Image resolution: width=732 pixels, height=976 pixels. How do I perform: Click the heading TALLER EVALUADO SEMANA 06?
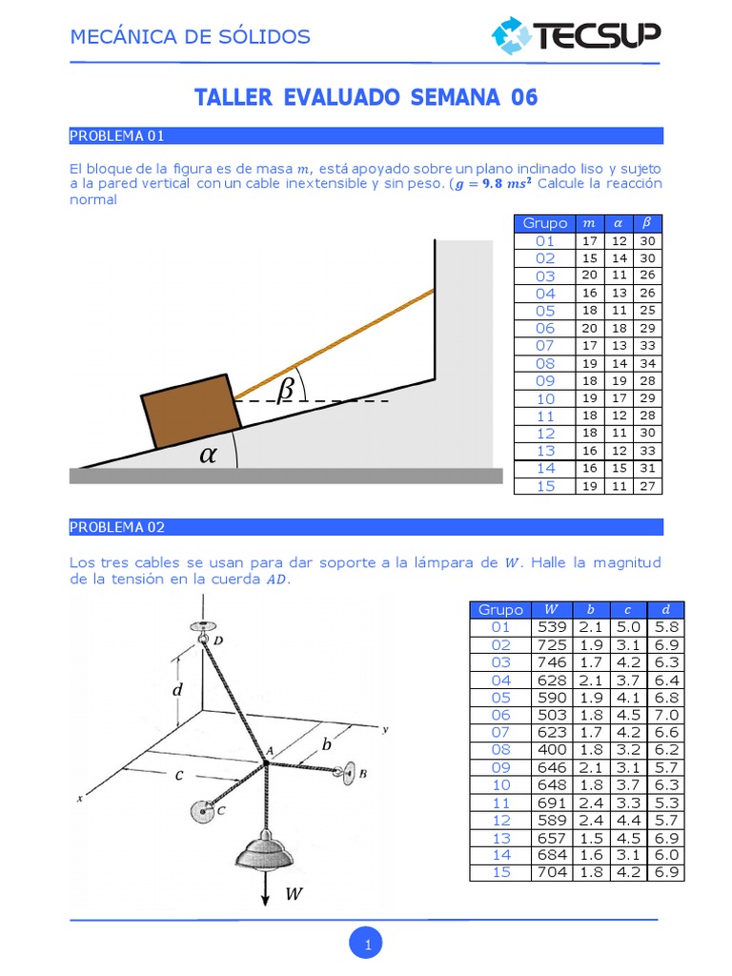pos(366,97)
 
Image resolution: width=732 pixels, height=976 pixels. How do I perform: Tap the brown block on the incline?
pos(192,411)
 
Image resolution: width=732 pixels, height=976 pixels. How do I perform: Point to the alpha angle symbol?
pos(208,455)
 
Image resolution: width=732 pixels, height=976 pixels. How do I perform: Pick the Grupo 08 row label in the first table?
pos(545,363)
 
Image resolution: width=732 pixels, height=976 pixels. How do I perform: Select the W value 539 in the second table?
pos(552,627)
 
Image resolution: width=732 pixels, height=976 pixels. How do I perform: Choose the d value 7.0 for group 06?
pos(666,715)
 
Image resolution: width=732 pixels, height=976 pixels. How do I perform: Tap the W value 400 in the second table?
pos(552,750)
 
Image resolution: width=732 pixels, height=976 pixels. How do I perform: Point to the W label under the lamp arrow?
pos(294,894)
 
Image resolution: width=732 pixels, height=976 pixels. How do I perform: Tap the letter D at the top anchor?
pos(218,641)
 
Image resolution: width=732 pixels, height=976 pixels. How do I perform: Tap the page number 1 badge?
pos(366,945)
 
